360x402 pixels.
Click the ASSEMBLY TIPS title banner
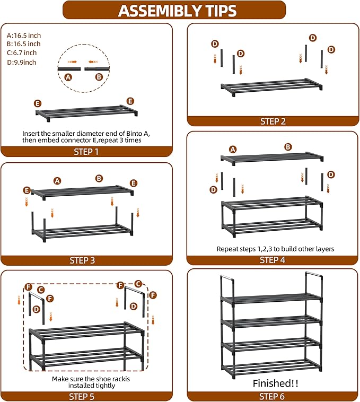point(177,11)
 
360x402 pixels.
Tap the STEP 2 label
point(273,121)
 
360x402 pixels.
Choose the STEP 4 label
point(273,260)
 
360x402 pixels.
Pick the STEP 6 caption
point(273,396)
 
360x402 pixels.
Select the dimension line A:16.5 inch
point(23,35)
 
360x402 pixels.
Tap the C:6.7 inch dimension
point(22,53)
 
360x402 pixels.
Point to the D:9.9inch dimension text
point(22,62)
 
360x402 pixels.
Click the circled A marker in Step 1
point(68,77)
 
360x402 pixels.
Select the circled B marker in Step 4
point(288,147)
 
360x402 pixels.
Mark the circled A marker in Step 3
point(57,180)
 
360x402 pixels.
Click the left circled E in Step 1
point(37,103)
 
